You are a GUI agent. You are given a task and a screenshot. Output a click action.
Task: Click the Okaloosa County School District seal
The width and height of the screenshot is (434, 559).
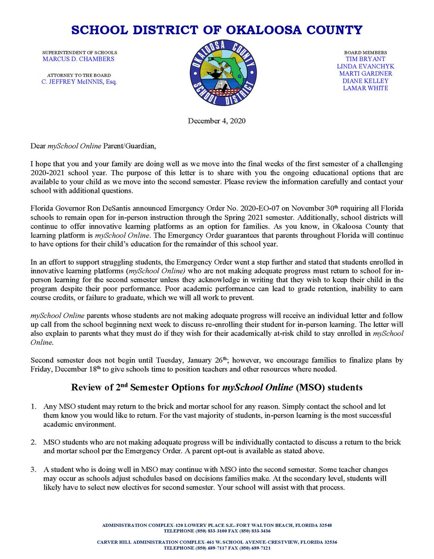[x=223, y=73]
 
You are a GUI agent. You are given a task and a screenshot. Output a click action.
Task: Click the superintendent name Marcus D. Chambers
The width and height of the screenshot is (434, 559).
[x=78, y=59]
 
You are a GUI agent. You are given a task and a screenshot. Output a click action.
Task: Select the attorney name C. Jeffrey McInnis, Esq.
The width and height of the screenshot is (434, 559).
[x=78, y=82]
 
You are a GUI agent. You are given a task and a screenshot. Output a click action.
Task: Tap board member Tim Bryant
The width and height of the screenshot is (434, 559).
[x=365, y=59]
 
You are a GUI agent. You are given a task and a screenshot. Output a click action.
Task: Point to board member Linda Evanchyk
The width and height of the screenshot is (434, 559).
[x=365, y=67]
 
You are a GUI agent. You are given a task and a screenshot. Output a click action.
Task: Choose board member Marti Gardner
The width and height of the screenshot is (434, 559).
[x=365, y=74]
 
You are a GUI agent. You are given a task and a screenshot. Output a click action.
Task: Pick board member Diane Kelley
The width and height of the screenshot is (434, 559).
[x=365, y=81]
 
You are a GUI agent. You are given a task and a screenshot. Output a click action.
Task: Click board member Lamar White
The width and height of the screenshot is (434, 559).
[x=365, y=88]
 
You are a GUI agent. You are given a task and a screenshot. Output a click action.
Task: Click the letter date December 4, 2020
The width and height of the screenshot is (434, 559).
[x=217, y=121]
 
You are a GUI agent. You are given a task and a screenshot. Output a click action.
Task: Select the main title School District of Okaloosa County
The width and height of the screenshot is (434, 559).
[x=217, y=31]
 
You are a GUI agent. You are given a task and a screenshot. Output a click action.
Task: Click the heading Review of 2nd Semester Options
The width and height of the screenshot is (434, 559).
[x=217, y=388]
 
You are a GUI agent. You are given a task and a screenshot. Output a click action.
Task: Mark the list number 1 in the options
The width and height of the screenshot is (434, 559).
[x=34, y=406]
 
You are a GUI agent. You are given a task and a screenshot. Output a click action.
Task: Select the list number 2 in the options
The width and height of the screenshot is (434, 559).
[x=34, y=442]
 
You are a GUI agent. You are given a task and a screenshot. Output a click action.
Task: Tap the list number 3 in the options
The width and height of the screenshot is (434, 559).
[x=34, y=470]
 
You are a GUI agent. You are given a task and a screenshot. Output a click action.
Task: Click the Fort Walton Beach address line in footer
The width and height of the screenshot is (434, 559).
[x=217, y=525]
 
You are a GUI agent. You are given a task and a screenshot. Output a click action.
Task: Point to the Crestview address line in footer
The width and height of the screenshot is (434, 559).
[x=217, y=542]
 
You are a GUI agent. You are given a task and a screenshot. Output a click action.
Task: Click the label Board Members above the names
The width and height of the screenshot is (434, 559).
[x=365, y=53]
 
